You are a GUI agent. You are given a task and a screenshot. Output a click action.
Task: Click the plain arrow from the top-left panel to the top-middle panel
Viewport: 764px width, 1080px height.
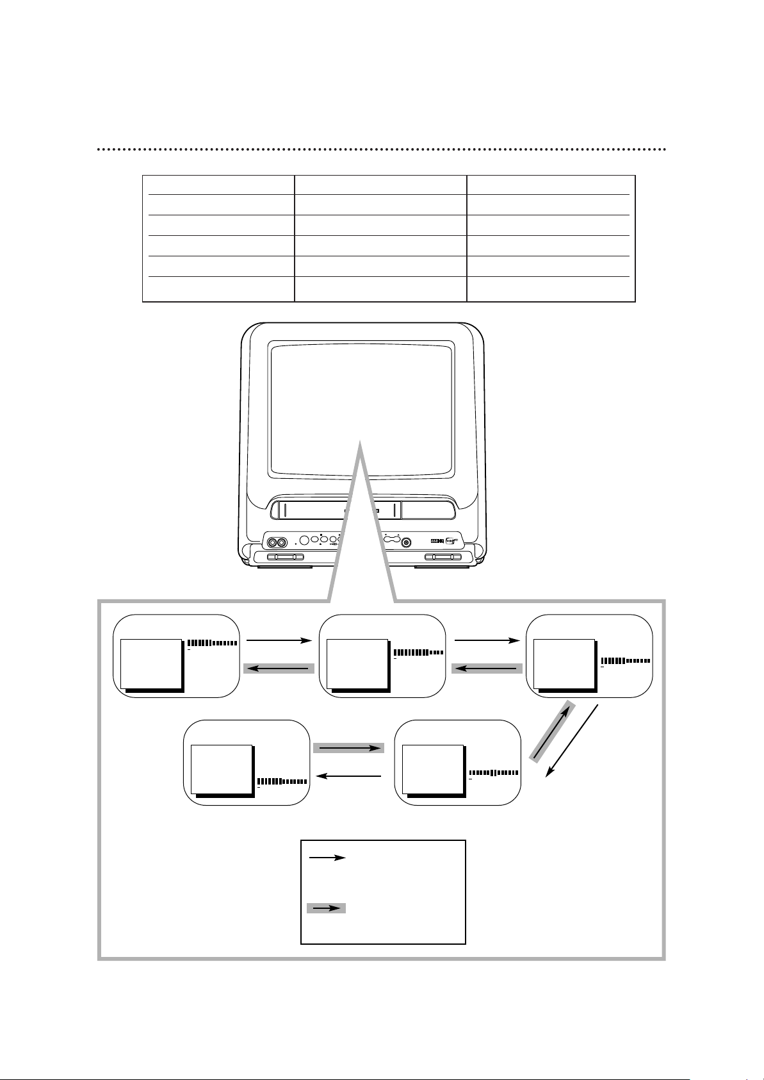pyautogui.click(x=277, y=640)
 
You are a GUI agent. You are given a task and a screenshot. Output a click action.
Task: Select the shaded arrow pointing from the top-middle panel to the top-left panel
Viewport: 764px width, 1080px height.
pyautogui.click(x=279, y=669)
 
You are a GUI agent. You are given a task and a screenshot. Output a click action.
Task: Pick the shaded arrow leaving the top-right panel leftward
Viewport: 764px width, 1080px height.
pyautogui.click(x=487, y=669)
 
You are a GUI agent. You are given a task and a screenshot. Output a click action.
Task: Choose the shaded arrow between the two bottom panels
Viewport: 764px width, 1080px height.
pyautogui.click(x=348, y=748)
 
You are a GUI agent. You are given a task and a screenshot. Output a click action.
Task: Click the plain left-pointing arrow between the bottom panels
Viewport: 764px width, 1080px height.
pyautogui.click(x=349, y=776)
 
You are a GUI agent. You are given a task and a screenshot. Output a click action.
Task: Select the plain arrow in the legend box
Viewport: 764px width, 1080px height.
pyautogui.click(x=327, y=857)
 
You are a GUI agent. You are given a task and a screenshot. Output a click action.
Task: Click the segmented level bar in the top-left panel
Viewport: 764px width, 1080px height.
pyautogui.click(x=213, y=643)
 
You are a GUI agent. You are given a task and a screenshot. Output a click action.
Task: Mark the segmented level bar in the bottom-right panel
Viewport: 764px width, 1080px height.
pyautogui.click(x=493, y=772)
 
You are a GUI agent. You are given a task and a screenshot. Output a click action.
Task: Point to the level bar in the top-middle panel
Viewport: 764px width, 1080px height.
pyautogui.click(x=419, y=652)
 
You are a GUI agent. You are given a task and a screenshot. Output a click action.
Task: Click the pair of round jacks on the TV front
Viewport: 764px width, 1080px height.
pyautogui.click(x=277, y=542)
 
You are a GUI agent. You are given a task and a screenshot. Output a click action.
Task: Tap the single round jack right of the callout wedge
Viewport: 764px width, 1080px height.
pyautogui.click(x=405, y=542)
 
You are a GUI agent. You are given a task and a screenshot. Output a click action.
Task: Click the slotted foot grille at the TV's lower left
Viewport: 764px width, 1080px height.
pyautogui.click(x=280, y=558)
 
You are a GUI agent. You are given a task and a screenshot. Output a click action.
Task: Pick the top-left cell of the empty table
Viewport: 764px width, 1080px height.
pyautogui.click(x=218, y=185)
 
